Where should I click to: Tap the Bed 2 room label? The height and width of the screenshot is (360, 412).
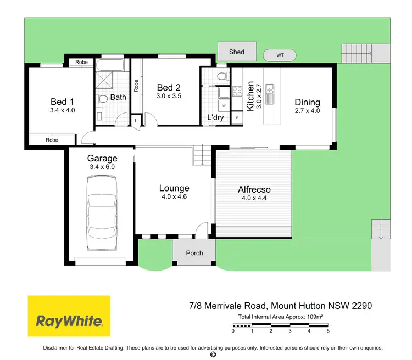169,88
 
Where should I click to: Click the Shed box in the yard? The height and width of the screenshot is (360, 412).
237,52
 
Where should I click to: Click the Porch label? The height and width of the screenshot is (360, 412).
194,253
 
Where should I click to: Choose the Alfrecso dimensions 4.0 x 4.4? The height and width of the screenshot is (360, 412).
254,199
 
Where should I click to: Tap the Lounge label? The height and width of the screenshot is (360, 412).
174,188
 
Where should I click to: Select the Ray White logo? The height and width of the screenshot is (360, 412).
69,320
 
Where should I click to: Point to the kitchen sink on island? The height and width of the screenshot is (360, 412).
270,94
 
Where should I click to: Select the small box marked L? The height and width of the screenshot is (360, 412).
135,120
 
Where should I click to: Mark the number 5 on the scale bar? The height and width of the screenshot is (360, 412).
328,331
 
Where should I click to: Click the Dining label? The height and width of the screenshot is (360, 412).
307,102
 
